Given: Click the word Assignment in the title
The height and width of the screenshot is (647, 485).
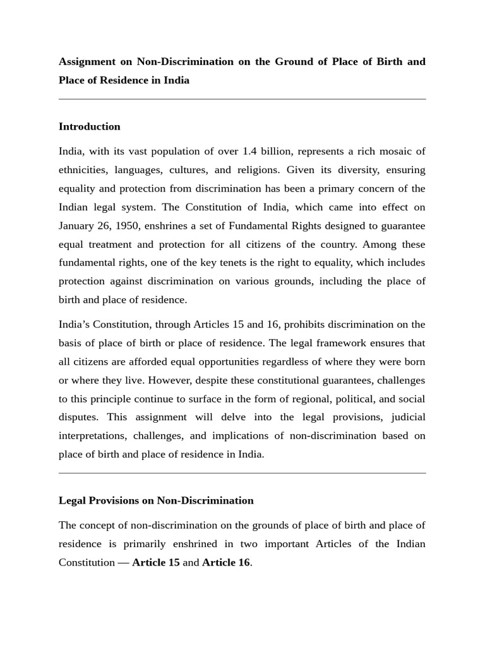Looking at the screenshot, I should [x=87, y=62].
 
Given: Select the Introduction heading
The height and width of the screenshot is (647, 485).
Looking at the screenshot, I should [x=89, y=126].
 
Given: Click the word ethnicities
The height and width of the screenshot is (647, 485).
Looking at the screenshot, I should [x=83, y=170].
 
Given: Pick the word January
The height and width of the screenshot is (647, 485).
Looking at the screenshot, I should [x=78, y=226].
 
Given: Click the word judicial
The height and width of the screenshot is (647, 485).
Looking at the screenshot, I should [x=408, y=418].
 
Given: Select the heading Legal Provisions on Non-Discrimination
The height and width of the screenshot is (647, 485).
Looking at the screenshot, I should [x=156, y=500].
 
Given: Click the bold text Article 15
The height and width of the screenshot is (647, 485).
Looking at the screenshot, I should [x=155, y=562].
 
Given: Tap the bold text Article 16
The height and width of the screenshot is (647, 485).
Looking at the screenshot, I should [x=225, y=562].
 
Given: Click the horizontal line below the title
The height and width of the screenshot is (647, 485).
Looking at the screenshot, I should [x=242, y=99].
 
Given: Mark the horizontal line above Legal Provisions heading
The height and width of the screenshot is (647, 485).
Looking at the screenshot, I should [x=242, y=473].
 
